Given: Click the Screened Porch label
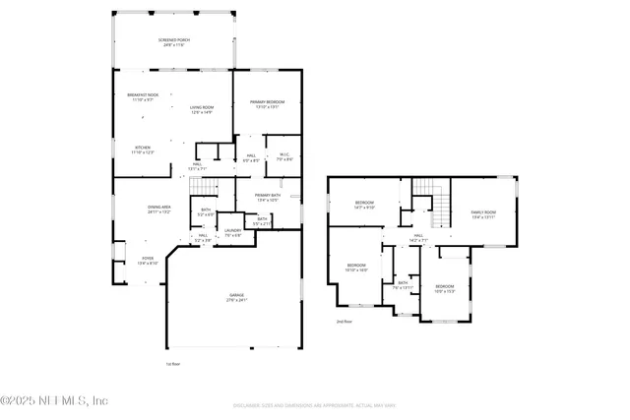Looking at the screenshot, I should click(174, 42).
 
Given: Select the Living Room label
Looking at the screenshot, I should click(201, 110).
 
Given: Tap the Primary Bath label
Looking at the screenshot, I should click(268, 198).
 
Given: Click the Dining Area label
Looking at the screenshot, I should click(159, 210).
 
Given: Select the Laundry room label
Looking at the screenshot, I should click(232, 233).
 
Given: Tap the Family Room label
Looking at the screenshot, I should click(482, 214).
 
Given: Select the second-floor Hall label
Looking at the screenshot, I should click(417, 237).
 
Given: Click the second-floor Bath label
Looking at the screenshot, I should click(404, 286).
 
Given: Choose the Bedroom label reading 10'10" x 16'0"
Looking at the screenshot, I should click(356, 267).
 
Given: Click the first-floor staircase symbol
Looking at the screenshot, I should click(202, 187).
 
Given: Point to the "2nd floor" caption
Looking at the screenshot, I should click(344, 322).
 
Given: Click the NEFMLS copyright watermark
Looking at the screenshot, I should click(54, 401).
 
